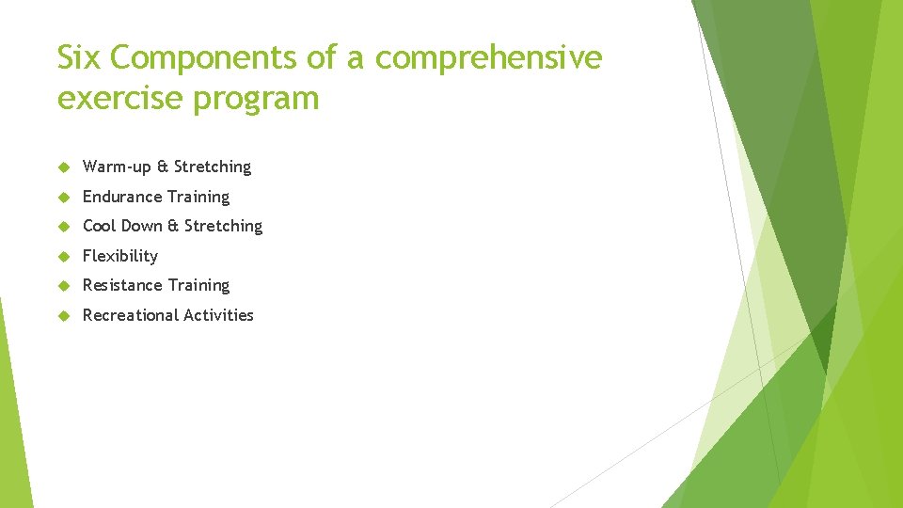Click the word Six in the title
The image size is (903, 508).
(79, 58)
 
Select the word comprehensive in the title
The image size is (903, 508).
(488, 58)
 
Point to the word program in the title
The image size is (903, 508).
(256, 98)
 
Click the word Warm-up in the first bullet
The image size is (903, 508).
(117, 167)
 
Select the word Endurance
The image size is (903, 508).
(119, 197)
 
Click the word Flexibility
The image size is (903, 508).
(120, 256)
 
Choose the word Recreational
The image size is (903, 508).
(131, 315)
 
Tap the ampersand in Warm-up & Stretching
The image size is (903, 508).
(163, 167)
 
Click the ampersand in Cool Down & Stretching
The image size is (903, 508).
(173, 226)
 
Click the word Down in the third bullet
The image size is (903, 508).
(142, 226)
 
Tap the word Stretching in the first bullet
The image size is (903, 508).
(213, 167)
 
